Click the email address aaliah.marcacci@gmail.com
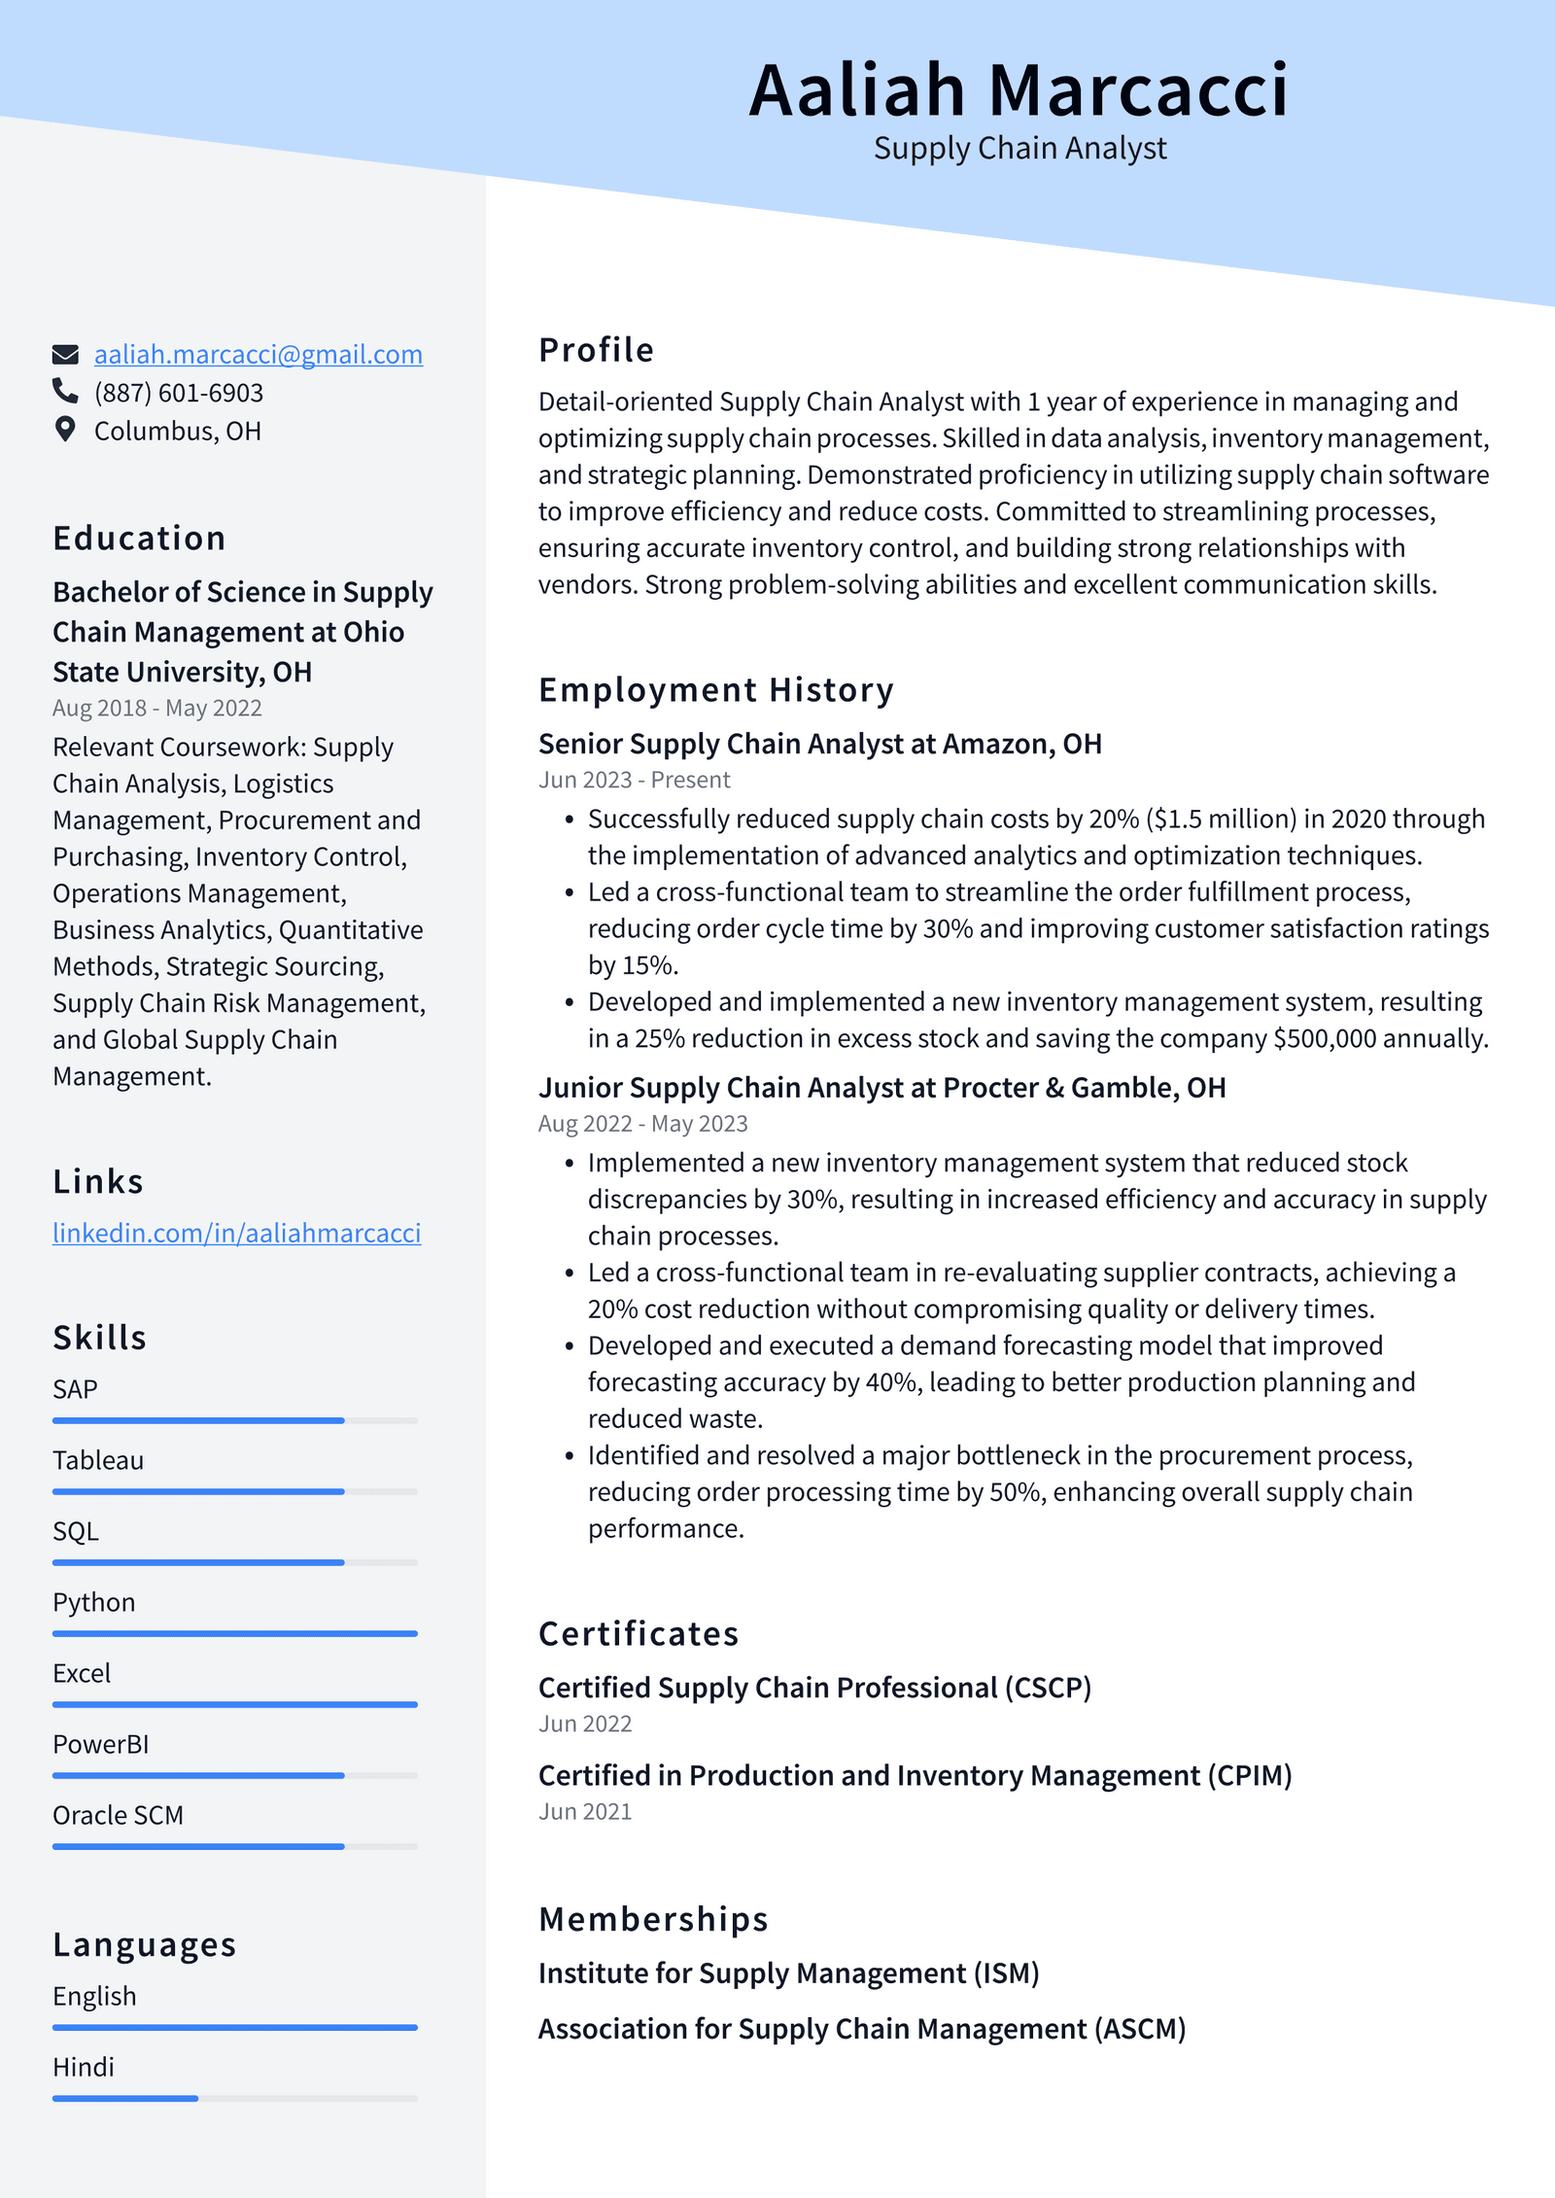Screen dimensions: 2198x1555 258,355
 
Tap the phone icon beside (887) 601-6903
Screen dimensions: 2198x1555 65,391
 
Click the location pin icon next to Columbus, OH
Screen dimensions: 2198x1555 65,430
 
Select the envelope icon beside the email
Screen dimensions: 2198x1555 65,355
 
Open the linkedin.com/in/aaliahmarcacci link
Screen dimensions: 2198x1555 236,1233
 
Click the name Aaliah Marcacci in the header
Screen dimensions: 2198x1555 1018,90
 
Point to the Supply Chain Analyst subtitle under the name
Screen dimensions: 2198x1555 1019,148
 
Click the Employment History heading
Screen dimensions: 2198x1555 715,689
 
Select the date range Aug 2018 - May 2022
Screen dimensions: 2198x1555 156,708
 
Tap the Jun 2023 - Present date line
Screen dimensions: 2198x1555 634,780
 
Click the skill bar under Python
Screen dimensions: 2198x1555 234,1633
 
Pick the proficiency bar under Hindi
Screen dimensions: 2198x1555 234,2098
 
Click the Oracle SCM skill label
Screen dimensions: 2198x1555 118,1815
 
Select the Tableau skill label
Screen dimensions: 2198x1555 98,1460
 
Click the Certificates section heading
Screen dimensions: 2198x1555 639,1633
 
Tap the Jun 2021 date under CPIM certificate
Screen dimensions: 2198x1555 585,1811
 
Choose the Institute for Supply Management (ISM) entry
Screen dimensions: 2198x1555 788,1972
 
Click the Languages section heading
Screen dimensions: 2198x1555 145,1944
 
